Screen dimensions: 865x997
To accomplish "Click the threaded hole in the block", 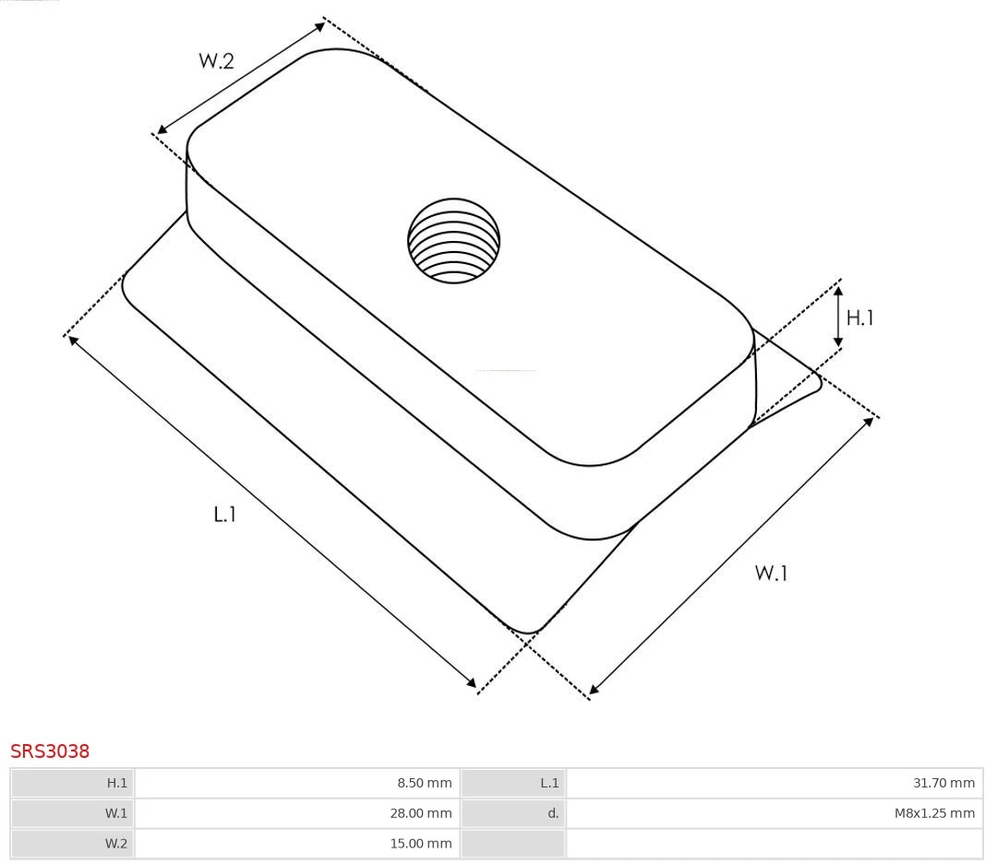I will coord(453,241).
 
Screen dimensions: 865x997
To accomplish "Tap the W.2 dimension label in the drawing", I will coord(216,62).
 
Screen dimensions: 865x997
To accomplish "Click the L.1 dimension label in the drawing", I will coord(225,514).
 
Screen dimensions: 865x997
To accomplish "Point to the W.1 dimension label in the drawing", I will coord(771,573).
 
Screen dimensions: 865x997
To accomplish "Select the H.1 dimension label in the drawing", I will coord(859,318).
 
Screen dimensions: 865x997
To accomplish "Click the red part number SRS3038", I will coord(50,751).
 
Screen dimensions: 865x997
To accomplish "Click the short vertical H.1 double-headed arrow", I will coord(838,317).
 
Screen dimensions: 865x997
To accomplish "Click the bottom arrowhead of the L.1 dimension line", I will coord(472,683).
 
